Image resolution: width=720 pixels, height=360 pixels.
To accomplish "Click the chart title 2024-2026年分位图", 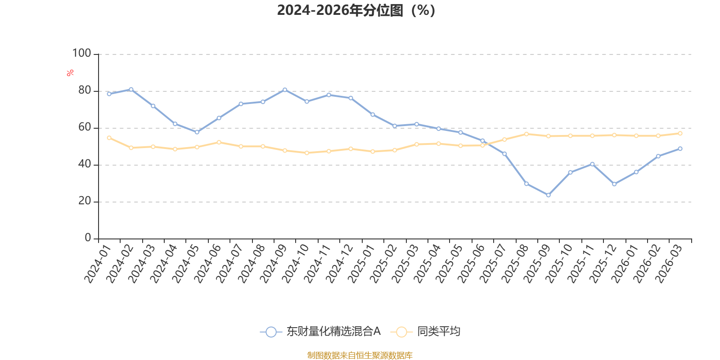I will click(x=356, y=10).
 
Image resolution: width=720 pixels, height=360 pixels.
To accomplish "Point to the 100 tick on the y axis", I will click(x=82, y=54).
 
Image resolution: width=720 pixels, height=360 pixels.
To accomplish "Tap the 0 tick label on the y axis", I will click(x=88, y=238).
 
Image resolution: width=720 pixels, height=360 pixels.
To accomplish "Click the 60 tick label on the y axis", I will click(x=85, y=127).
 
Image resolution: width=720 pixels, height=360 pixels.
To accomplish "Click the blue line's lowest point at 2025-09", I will click(x=548, y=195).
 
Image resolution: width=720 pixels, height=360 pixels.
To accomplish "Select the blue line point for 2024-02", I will click(x=131, y=89).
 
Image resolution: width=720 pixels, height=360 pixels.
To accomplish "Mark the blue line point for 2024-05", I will click(x=197, y=132).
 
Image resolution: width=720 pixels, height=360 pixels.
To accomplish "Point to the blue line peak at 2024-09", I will click(x=284, y=90).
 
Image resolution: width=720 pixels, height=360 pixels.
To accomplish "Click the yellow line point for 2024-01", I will click(x=109, y=138).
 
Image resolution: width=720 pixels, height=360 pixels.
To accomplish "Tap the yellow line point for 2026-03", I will click(x=680, y=133).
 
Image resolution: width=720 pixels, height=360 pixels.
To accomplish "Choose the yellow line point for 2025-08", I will click(x=526, y=134).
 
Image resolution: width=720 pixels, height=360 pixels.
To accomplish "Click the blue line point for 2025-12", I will click(x=614, y=184).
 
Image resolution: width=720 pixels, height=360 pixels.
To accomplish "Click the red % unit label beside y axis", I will click(x=70, y=73).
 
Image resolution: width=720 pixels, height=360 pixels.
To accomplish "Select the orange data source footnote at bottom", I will click(x=360, y=355).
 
